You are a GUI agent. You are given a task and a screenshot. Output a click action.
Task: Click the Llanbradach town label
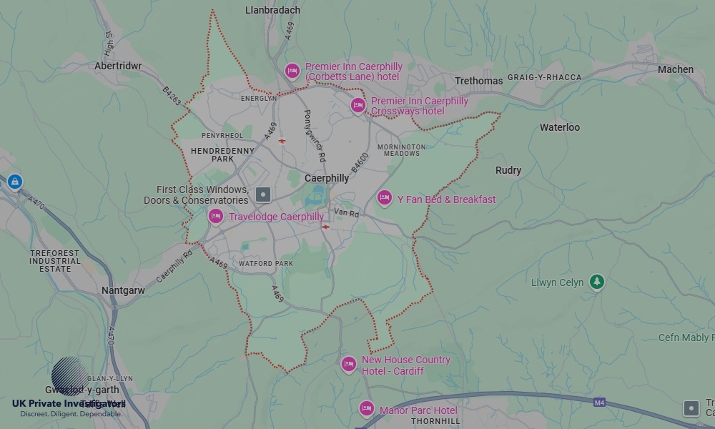coord(272,11)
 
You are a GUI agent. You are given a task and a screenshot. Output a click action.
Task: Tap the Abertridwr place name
coord(118,66)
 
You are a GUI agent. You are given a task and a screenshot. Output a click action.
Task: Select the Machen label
coord(675,69)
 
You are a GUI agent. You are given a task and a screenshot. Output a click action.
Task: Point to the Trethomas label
coord(479,81)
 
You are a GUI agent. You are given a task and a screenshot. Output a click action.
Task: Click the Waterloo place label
coord(559,127)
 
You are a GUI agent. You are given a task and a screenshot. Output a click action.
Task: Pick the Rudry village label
coord(508,170)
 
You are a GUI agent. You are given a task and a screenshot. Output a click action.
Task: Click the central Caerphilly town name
coord(327,178)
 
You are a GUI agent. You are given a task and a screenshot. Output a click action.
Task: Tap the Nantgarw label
coord(124,291)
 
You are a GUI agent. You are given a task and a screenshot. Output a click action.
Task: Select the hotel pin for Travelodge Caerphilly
coord(216,216)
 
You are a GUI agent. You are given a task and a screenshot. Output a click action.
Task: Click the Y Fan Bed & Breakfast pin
coord(385,198)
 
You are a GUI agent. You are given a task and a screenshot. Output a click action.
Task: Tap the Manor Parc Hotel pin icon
coord(367,409)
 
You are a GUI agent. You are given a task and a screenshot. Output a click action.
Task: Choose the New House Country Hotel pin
coord(348,365)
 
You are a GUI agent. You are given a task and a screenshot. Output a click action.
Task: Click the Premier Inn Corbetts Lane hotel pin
coord(292,71)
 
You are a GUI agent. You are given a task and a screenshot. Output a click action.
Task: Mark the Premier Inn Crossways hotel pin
coord(358,106)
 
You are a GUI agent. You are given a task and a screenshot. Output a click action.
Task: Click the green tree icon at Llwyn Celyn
coord(596,282)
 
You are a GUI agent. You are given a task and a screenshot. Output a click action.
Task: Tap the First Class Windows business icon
coord(264,194)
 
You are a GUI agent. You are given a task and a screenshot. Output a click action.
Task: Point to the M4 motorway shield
coord(599,403)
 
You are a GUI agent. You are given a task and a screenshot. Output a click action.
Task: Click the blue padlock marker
coord(14,182)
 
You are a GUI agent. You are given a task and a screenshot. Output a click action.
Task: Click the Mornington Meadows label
coord(401,150)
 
